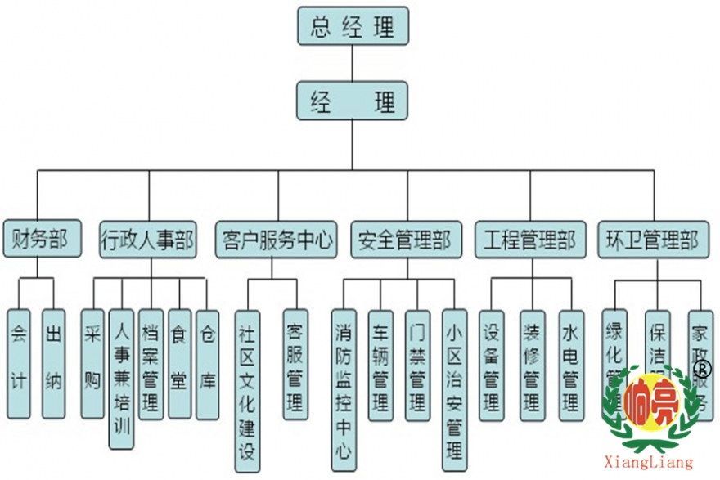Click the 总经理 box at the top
click(352, 26)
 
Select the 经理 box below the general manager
click(352, 101)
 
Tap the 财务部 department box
click(43, 239)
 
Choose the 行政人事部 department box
click(147, 239)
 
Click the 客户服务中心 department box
click(278, 239)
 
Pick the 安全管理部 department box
click(405, 239)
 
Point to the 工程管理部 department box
click(530, 239)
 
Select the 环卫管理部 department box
click(652, 239)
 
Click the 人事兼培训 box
click(121, 378)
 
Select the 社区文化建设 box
click(247, 388)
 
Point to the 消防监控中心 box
click(344, 388)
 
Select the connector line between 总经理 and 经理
click(352, 63)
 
